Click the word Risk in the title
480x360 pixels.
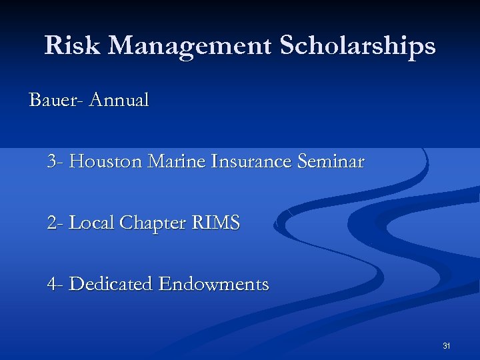click(x=73, y=45)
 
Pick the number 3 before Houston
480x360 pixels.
click(x=53, y=161)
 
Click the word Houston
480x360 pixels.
click(x=106, y=161)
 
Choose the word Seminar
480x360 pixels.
click(x=334, y=161)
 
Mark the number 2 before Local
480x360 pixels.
click(x=53, y=223)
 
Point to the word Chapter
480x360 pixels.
click(x=149, y=223)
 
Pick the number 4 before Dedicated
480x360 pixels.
click(x=53, y=284)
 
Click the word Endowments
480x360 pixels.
click(x=213, y=284)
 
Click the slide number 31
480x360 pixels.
click(x=447, y=345)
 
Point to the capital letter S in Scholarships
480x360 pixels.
click(x=287, y=45)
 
